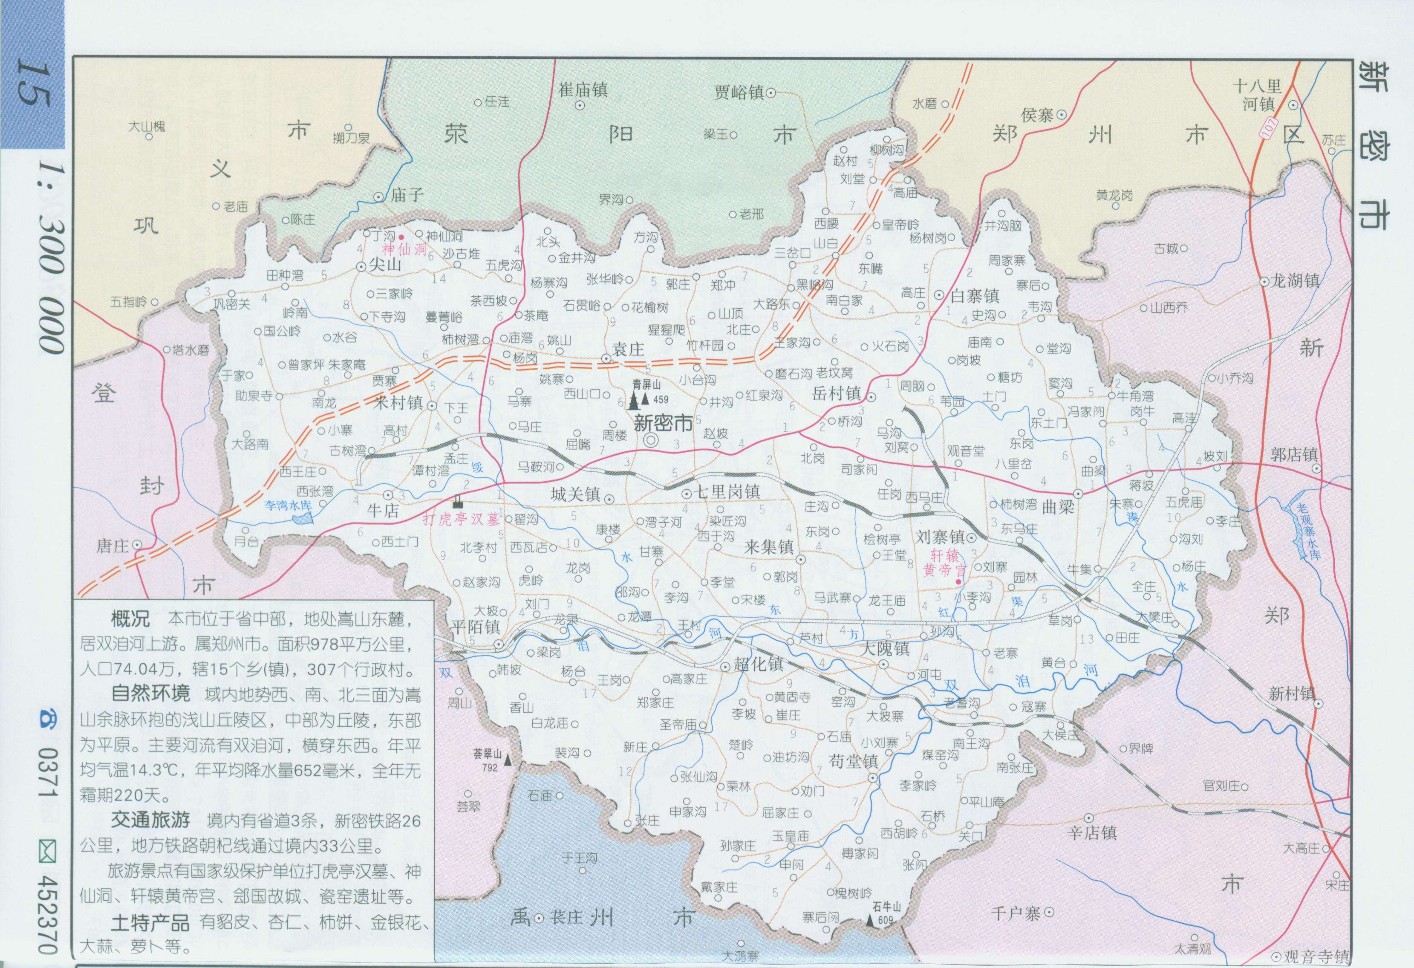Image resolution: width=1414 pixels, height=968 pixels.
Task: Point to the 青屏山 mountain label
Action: coord(646,384)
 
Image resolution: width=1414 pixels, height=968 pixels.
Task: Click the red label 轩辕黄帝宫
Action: coord(944,562)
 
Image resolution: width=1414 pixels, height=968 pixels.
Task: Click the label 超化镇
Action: coord(758,664)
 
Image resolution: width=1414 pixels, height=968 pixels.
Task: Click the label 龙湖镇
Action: coord(1296,280)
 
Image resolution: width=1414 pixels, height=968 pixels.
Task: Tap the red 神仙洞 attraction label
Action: coord(404,249)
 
